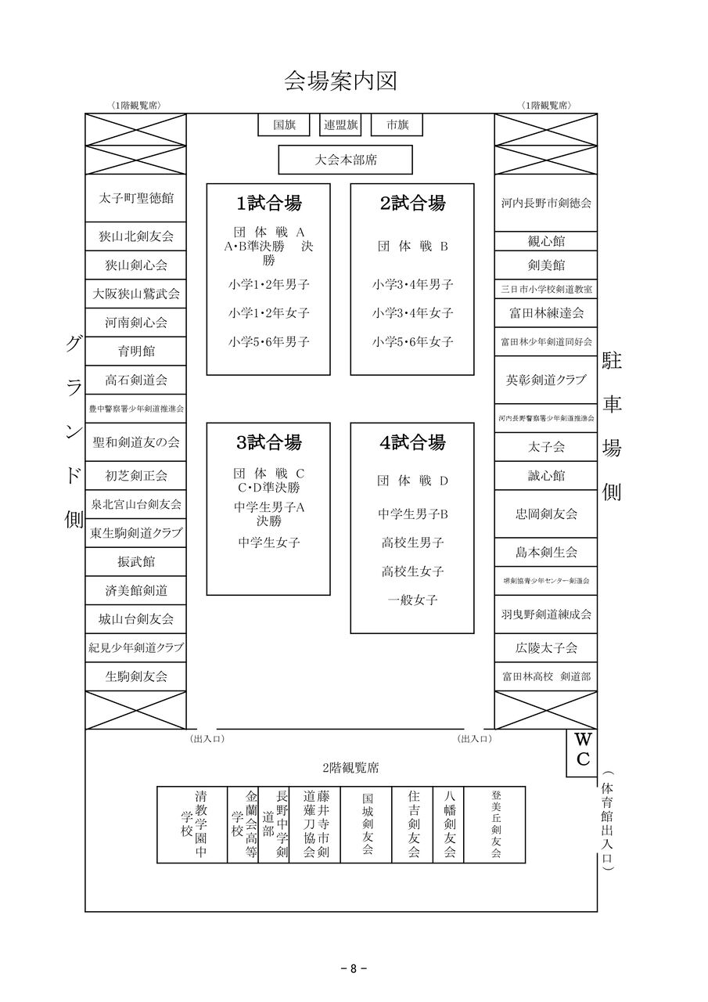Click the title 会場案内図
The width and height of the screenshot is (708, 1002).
[x=341, y=81]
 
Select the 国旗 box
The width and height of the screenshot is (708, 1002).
[x=284, y=125]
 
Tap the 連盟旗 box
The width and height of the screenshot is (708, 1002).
[x=341, y=125]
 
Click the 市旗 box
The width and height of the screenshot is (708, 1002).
[x=397, y=125]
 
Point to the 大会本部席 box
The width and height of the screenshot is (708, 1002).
[x=345, y=160]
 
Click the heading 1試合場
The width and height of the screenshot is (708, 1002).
[x=268, y=204]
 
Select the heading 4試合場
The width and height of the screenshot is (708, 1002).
[x=412, y=442]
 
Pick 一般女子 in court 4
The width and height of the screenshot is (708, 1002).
[x=412, y=600]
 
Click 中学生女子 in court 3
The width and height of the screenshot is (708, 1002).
[x=268, y=542]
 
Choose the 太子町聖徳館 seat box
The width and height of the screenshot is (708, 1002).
[x=136, y=199]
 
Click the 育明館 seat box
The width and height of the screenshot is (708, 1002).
[x=136, y=351]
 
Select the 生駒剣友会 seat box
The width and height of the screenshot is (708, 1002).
[x=136, y=676]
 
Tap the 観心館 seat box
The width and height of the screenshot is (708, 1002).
[x=546, y=241]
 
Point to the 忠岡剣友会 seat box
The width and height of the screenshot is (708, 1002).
[x=546, y=514]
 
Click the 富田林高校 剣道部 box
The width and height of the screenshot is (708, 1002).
[x=546, y=676]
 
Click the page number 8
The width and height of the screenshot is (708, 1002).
[x=354, y=968]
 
